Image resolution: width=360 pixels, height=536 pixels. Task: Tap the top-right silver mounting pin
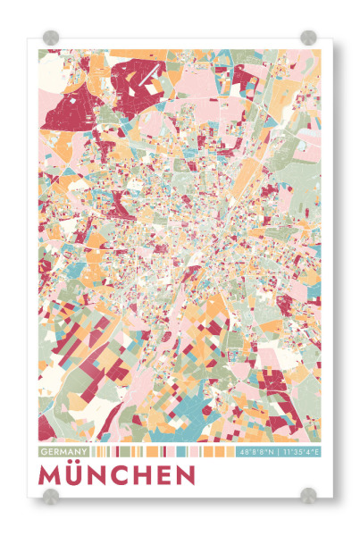308,38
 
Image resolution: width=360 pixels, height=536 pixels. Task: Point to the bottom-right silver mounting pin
308,494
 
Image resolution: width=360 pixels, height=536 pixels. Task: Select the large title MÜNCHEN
117,473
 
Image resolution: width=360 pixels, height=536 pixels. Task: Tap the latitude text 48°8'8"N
257,452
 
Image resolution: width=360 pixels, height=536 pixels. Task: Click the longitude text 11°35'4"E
300,452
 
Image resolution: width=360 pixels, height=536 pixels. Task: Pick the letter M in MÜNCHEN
51,474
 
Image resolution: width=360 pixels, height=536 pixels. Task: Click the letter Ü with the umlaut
75,473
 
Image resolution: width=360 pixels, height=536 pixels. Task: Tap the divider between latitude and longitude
278,452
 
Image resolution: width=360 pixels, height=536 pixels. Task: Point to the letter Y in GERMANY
86,452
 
